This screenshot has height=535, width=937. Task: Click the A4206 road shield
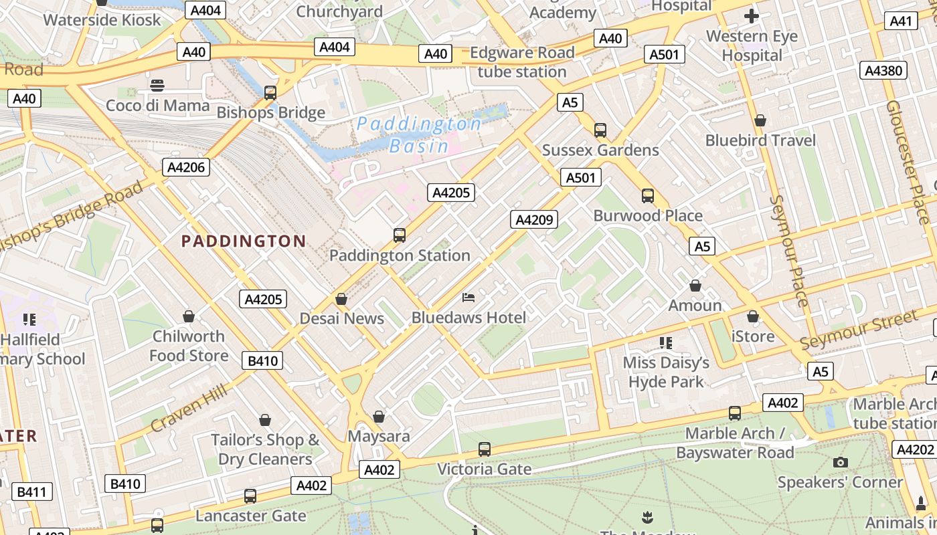pyautogui.click(x=186, y=167)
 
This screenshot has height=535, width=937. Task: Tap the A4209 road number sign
pyautogui.click(x=534, y=219)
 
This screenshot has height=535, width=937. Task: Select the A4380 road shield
pyautogui.click(x=883, y=71)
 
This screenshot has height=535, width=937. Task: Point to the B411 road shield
pyautogui.click(x=31, y=492)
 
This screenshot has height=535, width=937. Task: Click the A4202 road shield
pyautogui.click(x=914, y=449)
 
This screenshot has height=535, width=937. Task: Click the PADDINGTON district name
pyautogui.click(x=244, y=241)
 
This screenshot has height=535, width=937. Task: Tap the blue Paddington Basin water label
pyautogui.click(x=419, y=134)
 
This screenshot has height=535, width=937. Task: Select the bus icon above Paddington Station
pyautogui.click(x=400, y=235)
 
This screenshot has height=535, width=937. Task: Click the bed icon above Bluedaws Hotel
pyautogui.click(x=468, y=297)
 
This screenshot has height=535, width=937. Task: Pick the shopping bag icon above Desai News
pyautogui.click(x=341, y=299)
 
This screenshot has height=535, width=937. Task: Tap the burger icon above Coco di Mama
pyautogui.click(x=157, y=86)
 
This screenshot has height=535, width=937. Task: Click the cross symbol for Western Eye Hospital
pyautogui.click(x=752, y=16)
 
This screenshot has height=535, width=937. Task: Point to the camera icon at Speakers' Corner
pyautogui.click(x=841, y=462)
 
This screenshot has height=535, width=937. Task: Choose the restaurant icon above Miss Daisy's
pyautogui.click(x=665, y=343)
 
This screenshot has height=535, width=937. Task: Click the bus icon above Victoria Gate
pyautogui.click(x=485, y=449)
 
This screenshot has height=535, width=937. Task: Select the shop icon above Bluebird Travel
pyautogui.click(x=760, y=120)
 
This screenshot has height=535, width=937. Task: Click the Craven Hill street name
pyautogui.click(x=187, y=407)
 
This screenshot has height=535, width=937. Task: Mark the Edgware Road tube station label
pyautogui.click(x=522, y=62)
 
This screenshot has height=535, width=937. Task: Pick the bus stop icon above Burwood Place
pyautogui.click(x=647, y=196)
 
